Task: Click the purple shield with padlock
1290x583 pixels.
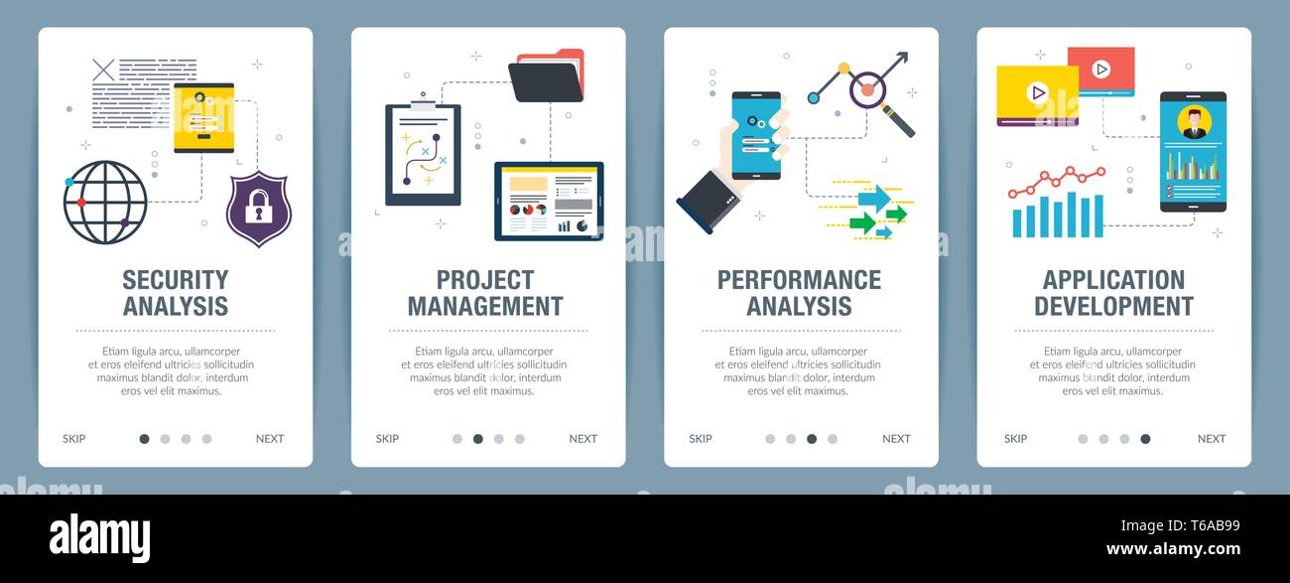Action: pyautogui.click(x=258, y=208)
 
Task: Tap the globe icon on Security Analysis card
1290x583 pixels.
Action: pyautogui.click(x=105, y=202)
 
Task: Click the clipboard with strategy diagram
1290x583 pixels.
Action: pyautogui.click(x=423, y=154)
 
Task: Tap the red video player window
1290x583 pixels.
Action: pyautogui.click(x=1100, y=71)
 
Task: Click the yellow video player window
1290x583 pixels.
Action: pyautogui.click(x=1037, y=95)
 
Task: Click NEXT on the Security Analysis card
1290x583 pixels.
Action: pyautogui.click(x=270, y=439)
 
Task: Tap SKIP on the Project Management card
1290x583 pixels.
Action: pyautogui.click(x=387, y=439)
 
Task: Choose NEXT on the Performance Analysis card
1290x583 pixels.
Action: pyautogui.click(x=896, y=439)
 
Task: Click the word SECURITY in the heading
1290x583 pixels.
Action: pyautogui.click(x=176, y=280)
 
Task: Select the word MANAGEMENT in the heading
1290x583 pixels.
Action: pyautogui.click(x=485, y=307)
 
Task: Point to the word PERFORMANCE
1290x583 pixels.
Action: pyautogui.click(x=799, y=280)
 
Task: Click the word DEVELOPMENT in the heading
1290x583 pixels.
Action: pyautogui.click(x=1113, y=307)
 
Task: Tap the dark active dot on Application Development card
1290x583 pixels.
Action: pyautogui.click(x=1145, y=439)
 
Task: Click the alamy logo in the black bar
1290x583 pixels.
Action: pyautogui.click(x=99, y=537)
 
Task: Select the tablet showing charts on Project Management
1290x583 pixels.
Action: pyautogui.click(x=549, y=201)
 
